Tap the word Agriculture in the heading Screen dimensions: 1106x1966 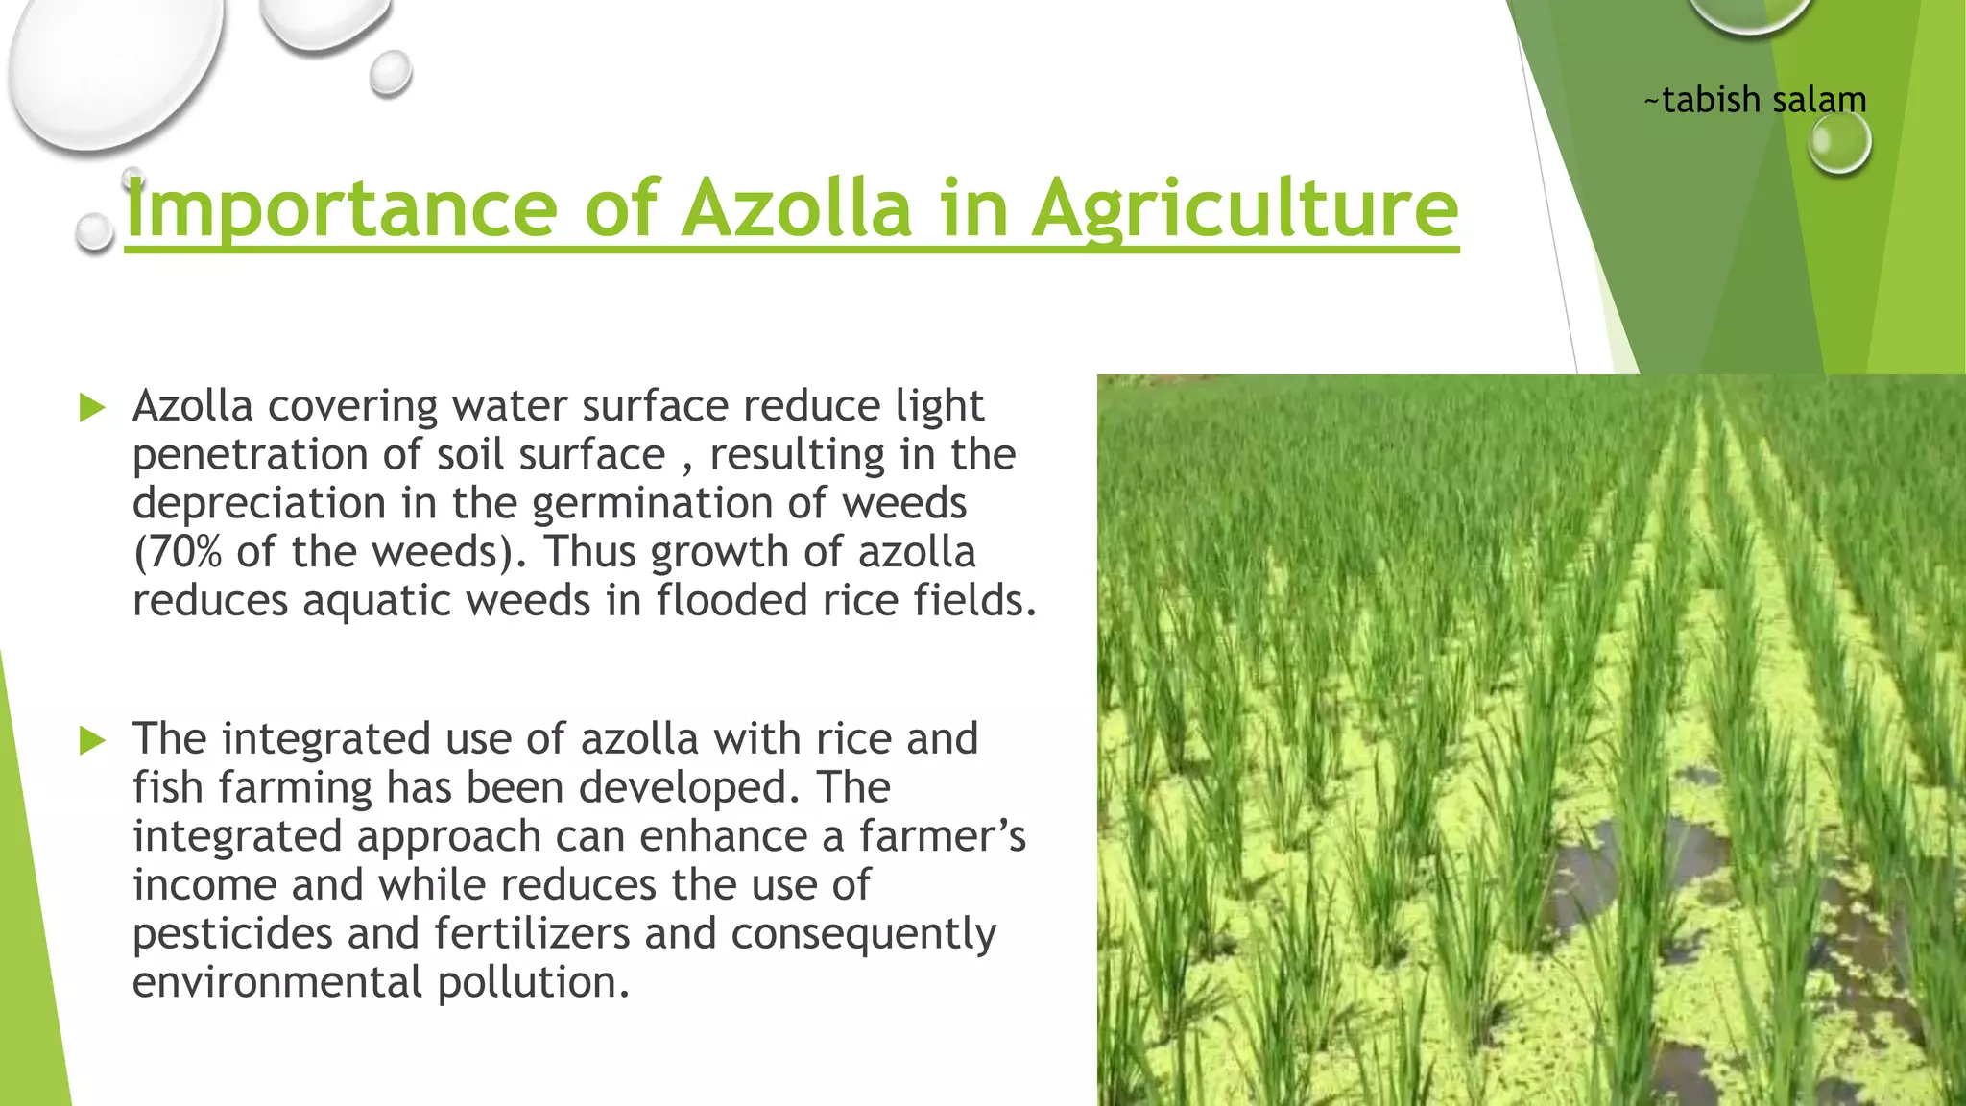click(x=1245, y=209)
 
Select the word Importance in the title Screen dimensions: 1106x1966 click(x=341, y=209)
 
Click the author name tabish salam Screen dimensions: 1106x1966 click(x=1756, y=100)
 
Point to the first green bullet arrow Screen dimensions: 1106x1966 click(x=92, y=408)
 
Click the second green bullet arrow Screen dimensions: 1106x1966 click(x=92, y=740)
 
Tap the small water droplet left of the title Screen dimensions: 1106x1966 click(x=94, y=233)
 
